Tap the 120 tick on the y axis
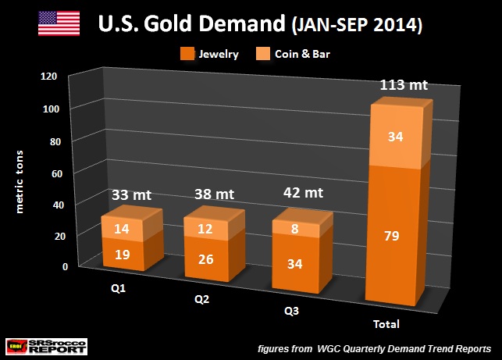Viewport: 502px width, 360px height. click(49, 77)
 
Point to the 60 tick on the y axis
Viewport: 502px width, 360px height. click(52, 172)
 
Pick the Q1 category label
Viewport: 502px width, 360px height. click(118, 287)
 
